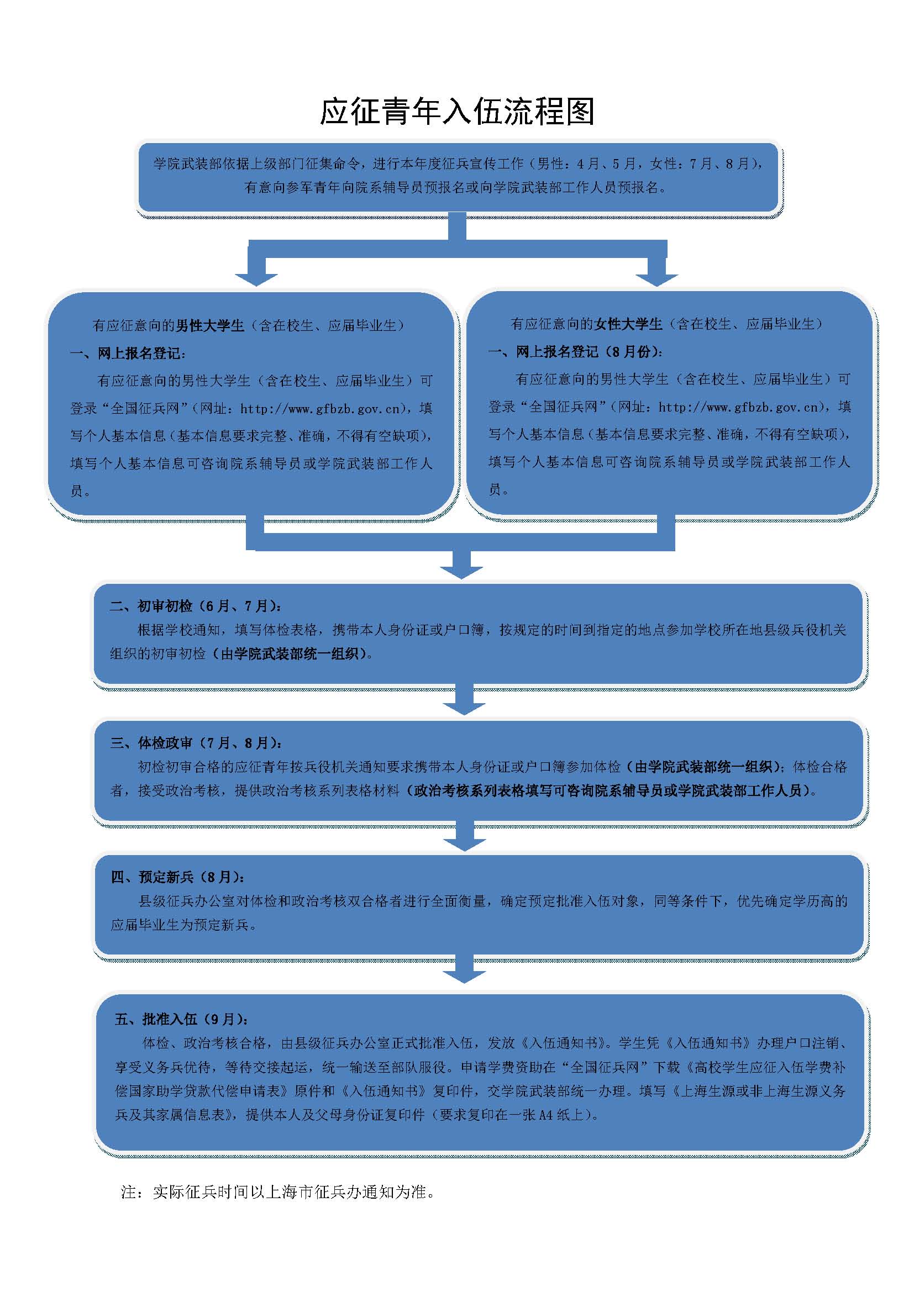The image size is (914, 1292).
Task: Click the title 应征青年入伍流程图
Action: [x=456, y=111]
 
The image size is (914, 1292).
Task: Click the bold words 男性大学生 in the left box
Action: [x=210, y=326]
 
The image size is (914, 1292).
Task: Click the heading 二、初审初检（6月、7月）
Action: [x=195, y=606]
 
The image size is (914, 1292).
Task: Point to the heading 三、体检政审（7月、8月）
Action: [x=196, y=743]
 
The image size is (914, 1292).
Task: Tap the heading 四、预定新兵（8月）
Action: [x=177, y=877]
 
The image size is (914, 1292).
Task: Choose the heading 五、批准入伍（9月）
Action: [x=181, y=1019]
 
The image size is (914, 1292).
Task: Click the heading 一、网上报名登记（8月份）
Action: [x=575, y=352]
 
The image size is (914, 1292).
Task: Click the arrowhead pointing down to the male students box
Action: [x=256, y=278]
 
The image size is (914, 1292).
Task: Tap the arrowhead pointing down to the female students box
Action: [x=656, y=278]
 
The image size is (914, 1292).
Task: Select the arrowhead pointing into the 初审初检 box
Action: [x=461, y=571]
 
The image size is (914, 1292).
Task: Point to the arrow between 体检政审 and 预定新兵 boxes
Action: [x=464, y=842]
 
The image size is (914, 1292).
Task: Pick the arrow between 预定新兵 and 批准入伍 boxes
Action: [x=464, y=974]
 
